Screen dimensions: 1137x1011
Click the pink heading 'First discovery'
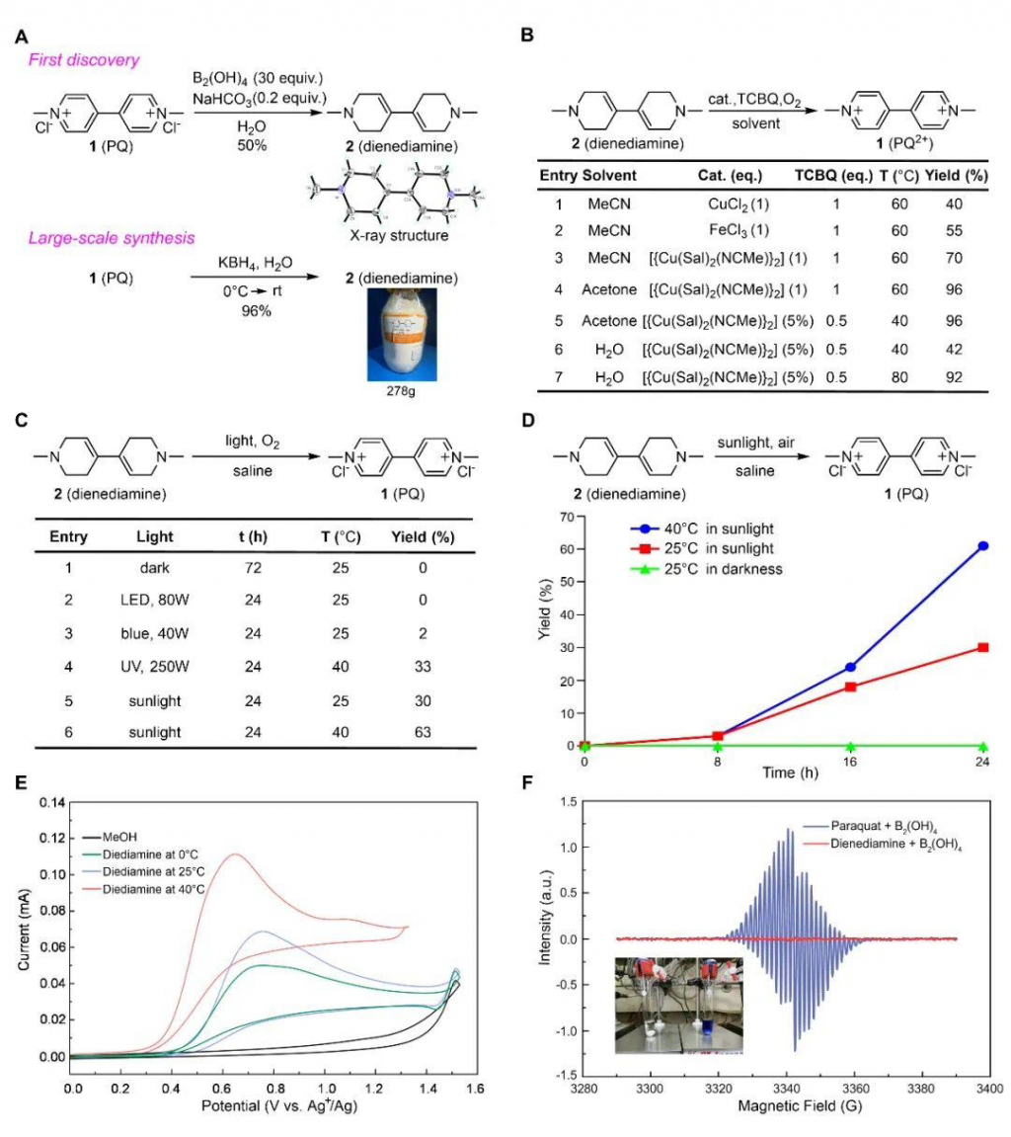coord(83,60)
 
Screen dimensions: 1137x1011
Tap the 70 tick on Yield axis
coord(566,517)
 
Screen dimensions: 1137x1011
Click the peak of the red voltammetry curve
coord(235,854)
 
